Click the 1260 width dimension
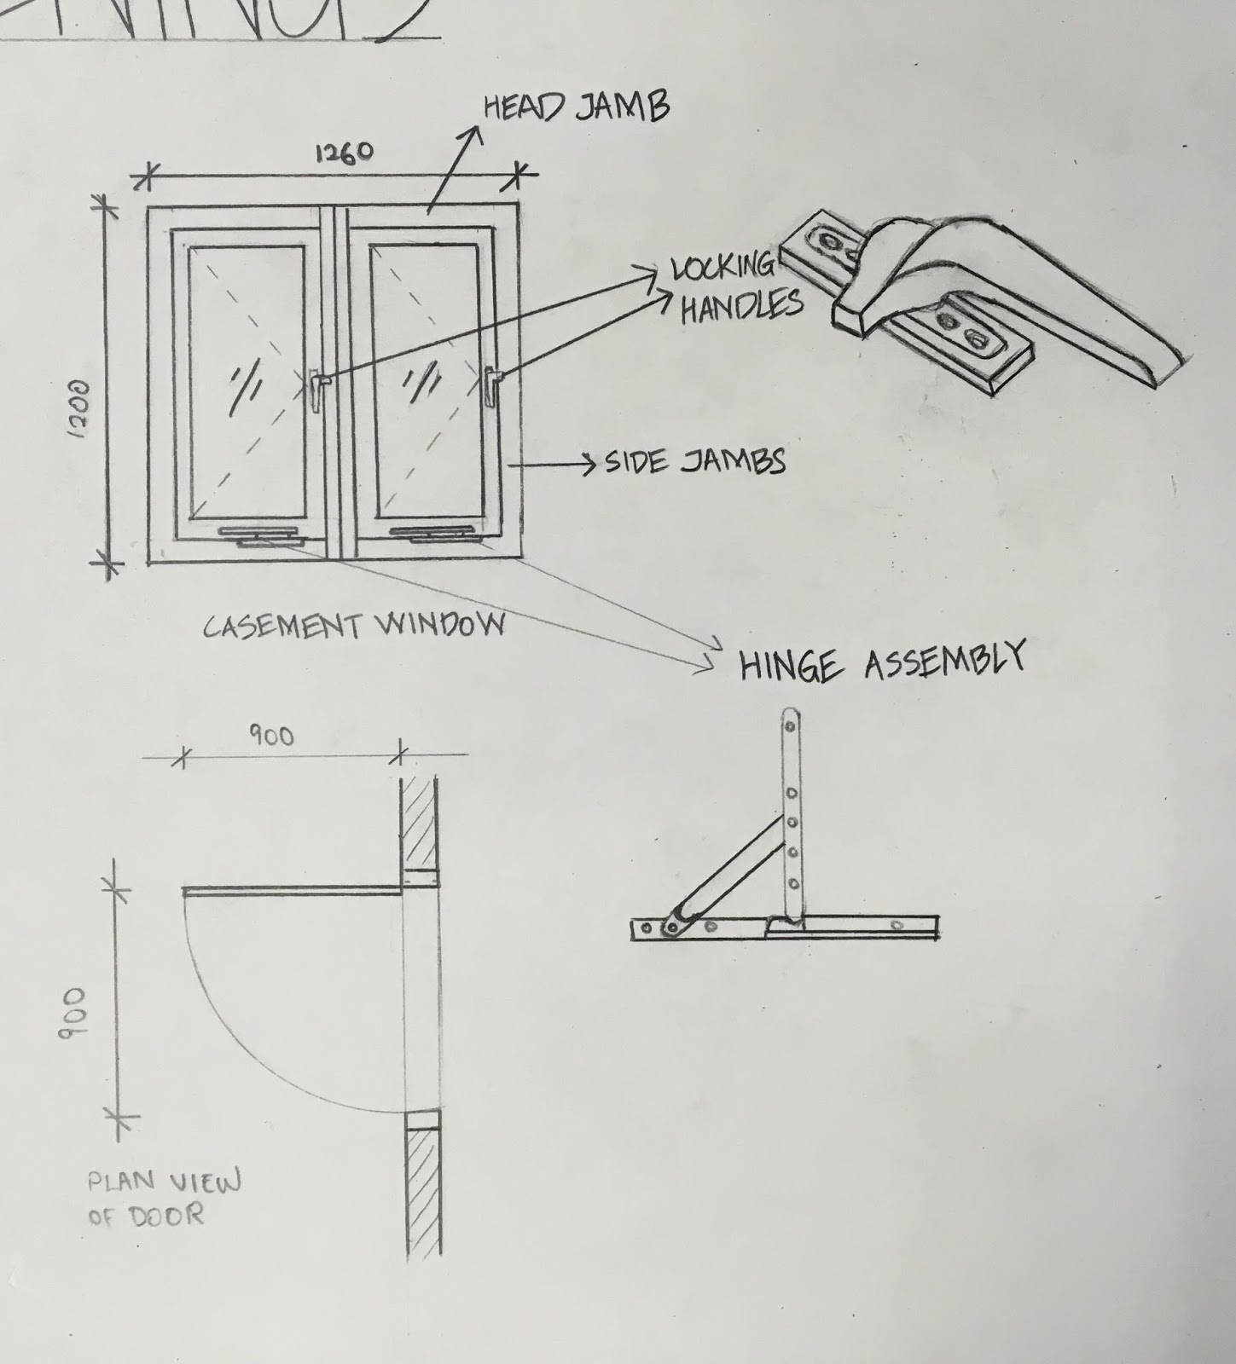[344, 153]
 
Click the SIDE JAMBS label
[694, 462]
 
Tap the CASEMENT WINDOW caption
[353, 627]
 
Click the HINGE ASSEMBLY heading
[881, 662]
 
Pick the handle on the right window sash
[490, 386]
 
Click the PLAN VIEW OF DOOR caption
[162, 1197]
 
